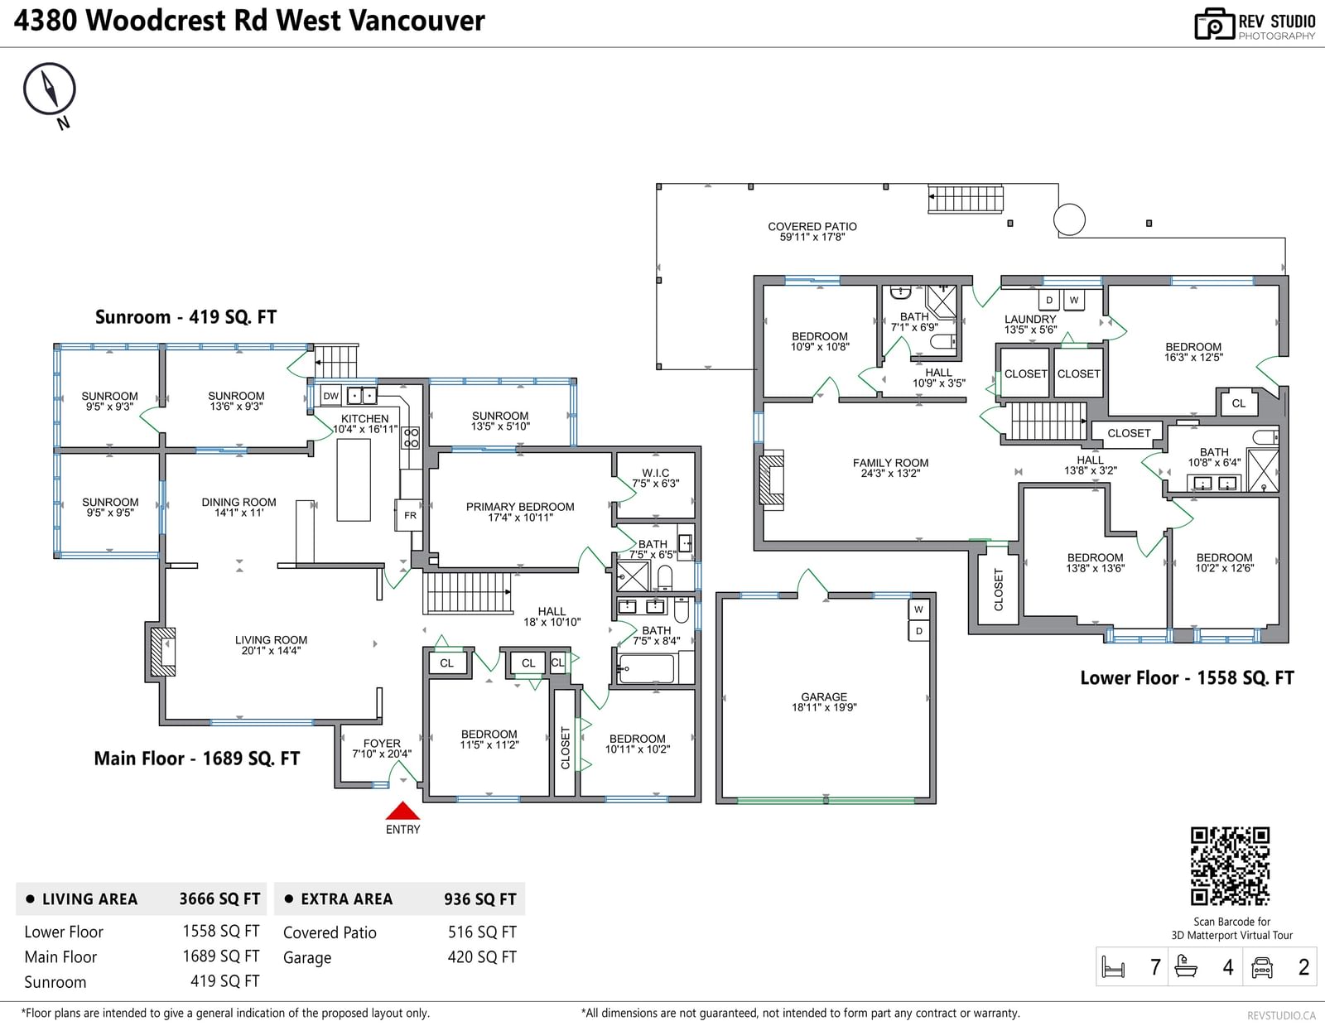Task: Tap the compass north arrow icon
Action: click(x=50, y=89)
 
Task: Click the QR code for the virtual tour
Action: click(x=1230, y=866)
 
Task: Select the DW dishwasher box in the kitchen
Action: click(x=330, y=397)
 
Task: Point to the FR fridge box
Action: click(x=410, y=515)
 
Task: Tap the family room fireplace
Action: click(x=771, y=477)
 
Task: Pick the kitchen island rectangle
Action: click(x=354, y=479)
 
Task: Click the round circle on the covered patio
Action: click(x=1069, y=219)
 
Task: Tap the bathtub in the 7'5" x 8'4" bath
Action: click(x=646, y=669)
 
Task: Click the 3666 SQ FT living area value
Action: click(x=219, y=899)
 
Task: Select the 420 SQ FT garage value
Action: click(x=482, y=958)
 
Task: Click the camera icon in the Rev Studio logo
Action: click(x=1214, y=24)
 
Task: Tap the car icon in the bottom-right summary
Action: click(x=1261, y=967)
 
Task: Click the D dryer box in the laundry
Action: click(x=1048, y=300)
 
